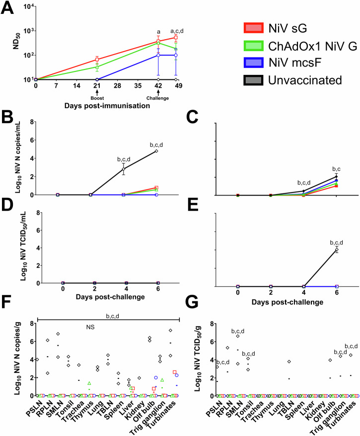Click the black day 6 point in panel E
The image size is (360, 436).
point(337,249)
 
